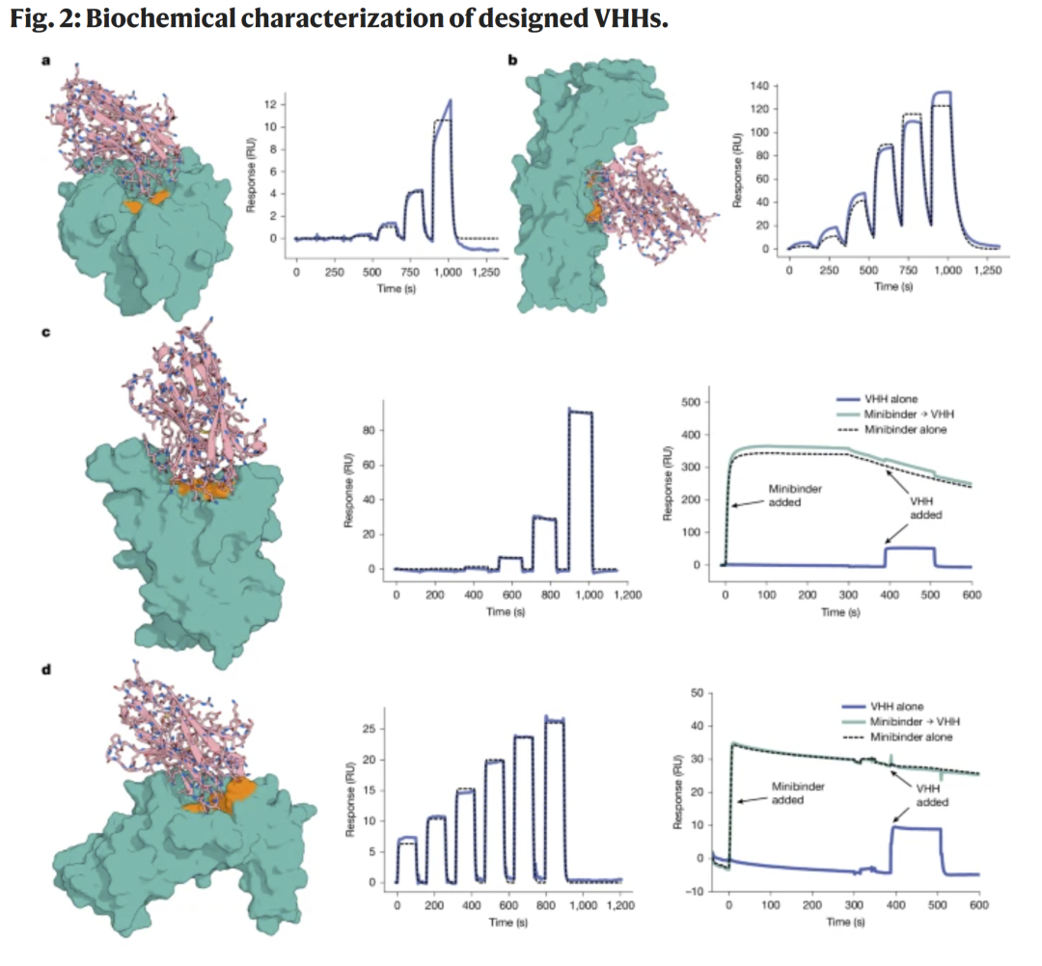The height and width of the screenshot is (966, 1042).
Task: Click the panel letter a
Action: click(45, 61)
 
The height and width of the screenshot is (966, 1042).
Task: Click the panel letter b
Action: click(513, 61)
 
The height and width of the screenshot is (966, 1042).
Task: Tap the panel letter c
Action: click(45, 334)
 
